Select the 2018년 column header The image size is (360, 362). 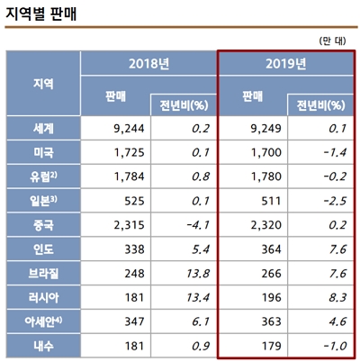[148, 65]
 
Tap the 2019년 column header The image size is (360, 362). [287, 65]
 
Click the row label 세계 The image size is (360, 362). [42, 130]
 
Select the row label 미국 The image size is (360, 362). [42, 154]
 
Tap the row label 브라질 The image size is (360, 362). [42, 272]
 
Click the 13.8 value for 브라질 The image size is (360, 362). [191, 272]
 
